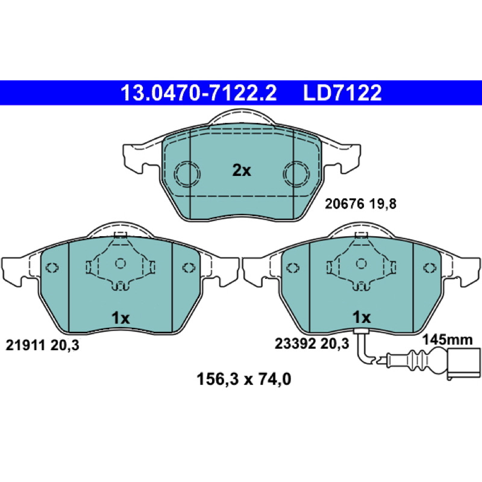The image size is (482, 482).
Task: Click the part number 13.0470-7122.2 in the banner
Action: coord(199,93)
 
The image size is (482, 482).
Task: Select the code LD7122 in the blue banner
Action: coord(342,93)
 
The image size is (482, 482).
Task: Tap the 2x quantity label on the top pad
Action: coord(242,171)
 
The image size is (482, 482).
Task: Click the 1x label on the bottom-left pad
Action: coord(120,318)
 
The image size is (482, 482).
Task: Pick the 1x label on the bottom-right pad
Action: coord(361,318)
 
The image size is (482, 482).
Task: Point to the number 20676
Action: coord(344,204)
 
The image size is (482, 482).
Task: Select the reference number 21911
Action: coord(25,345)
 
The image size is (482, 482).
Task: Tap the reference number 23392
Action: coord(295,343)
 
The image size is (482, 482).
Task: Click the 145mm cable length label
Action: coord(447,340)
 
